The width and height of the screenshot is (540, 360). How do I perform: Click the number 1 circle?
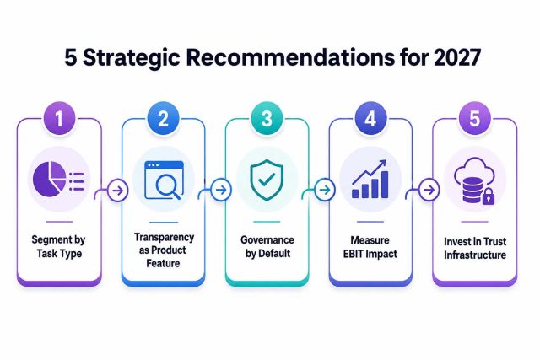click(59, 118)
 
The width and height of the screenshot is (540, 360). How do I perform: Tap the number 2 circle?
click(163, 118)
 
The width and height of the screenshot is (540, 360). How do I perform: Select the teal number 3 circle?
click(267, 118)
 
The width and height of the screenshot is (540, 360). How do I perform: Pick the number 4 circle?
click(370, 118)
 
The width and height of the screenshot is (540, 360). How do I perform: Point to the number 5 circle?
click(474, 118)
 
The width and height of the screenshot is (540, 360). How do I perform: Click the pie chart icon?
click(49, 179)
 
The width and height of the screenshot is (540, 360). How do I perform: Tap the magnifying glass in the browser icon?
click(167, 186)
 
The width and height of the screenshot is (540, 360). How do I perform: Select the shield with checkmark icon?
click(267, 180)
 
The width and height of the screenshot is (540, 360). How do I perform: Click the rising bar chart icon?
click(370, 179)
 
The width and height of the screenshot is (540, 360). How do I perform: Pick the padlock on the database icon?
click(488, 197)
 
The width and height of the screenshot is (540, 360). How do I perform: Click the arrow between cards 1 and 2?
click(118, 191)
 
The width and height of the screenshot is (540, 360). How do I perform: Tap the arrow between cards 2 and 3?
click(221, 190)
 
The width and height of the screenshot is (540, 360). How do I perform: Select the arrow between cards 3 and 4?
click(324, 190)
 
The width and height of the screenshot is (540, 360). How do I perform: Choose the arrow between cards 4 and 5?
click(429, 190)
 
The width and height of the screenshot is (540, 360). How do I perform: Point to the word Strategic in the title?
click(132, 58)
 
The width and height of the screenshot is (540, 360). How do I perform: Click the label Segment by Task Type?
click(59, 247)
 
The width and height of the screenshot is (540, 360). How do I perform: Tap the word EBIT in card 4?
click(353, 254)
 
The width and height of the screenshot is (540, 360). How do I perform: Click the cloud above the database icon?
click(474, 169)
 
